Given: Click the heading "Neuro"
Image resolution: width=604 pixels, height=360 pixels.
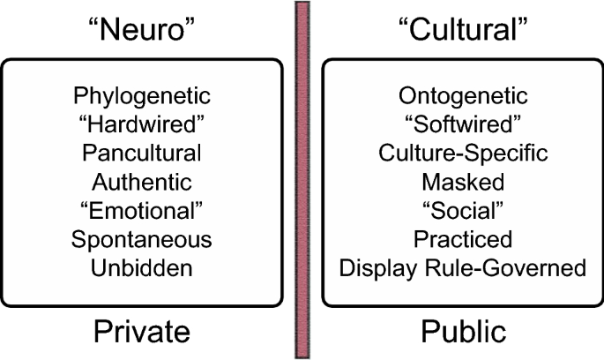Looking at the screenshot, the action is pos(142,28).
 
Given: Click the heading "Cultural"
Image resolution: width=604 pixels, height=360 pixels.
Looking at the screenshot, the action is pos(463,28).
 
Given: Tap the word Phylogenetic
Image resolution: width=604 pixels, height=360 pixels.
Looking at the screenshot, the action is pos(142,95).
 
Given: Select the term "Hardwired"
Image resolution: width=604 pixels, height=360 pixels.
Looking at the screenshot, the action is pos(142,124).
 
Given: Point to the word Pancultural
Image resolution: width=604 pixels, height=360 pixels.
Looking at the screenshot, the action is pos(142,153).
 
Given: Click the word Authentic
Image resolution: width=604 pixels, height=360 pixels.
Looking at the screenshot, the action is pos(142,182).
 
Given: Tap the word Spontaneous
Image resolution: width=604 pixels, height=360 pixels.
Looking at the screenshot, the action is pos(142,239).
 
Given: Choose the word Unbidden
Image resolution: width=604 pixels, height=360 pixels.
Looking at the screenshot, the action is pos(142,267).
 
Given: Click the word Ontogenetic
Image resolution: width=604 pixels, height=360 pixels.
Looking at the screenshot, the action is pos(463,95).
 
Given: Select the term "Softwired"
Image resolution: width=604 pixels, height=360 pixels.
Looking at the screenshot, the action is pos(463,124).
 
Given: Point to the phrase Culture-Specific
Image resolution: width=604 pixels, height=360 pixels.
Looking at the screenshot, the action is pos(463,153).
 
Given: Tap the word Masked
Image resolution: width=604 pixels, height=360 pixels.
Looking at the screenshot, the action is pos(463,182).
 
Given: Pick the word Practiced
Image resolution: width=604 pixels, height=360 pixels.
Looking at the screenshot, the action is pos(463,239).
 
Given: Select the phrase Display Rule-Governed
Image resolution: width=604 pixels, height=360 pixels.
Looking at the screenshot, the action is pos(463,267).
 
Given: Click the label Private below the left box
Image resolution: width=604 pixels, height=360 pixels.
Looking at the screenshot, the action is pos(142,331).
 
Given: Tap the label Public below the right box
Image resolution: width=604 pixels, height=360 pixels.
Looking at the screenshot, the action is pos(463,331).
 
